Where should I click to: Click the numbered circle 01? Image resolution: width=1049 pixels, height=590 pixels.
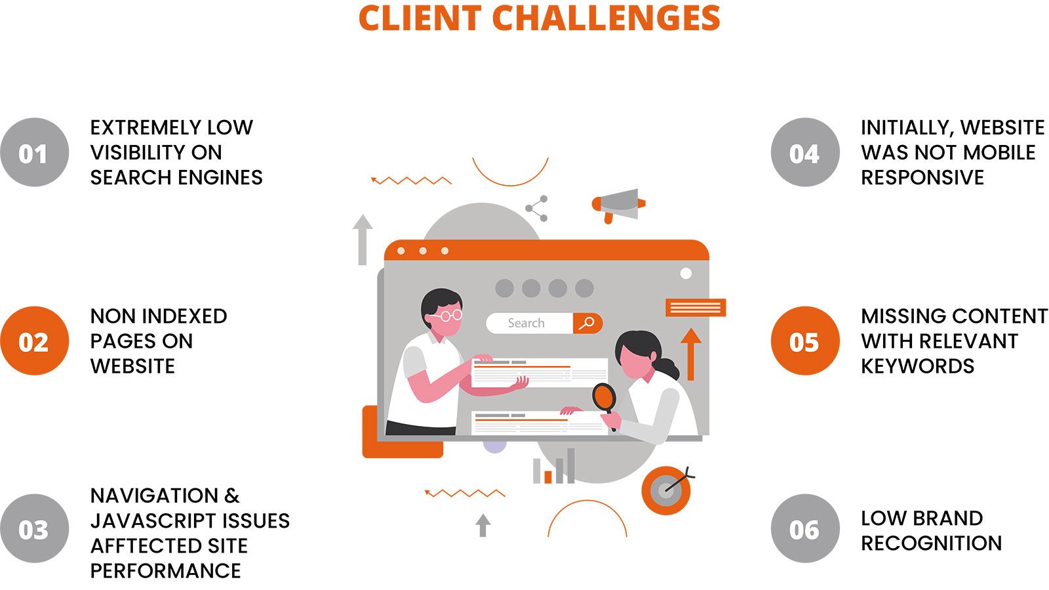click(35, 152)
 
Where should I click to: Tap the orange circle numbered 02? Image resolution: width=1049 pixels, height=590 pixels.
click(35, 341)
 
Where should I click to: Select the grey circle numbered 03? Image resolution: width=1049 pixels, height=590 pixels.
click(35, 528)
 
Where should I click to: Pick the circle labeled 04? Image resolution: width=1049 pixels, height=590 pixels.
click(806, 152)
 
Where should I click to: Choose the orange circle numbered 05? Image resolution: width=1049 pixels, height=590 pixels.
click(806, 341)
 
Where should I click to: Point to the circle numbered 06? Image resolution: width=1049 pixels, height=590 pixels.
click(806, 528)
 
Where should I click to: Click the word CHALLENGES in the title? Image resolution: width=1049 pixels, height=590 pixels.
click(606, 18)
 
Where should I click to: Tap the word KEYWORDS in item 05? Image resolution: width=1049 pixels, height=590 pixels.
click(917, 366)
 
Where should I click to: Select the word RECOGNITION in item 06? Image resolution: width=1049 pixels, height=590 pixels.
click(932, 543)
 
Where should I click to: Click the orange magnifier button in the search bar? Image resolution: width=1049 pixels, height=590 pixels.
click(587, 324)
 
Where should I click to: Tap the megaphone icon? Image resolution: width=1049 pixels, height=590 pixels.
click(619, 205)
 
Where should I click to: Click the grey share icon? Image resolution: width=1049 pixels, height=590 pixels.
click(537, 209)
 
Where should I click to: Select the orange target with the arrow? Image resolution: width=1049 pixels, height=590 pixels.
click(667, 490)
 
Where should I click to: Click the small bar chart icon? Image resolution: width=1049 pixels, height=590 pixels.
click(553, 466)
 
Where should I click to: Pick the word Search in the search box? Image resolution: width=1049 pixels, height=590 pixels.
click(526, 324)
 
